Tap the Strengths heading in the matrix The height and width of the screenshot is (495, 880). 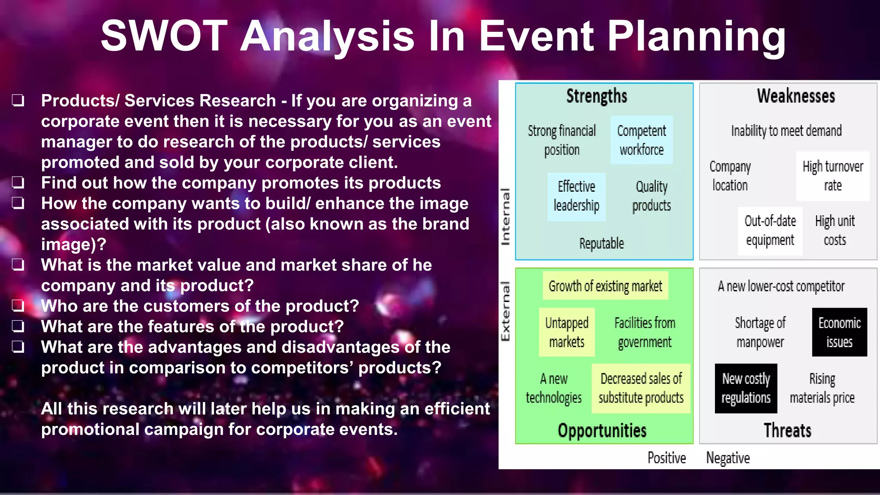point(596,96)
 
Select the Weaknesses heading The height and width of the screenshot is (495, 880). point(796,96)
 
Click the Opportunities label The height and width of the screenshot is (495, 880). point(602,431)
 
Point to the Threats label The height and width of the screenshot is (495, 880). point(787,431)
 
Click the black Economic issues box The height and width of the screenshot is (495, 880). point(839,332)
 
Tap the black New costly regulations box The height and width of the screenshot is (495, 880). point(746,388)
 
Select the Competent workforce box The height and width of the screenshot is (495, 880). point(642,140)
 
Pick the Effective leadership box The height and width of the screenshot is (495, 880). point(576,196)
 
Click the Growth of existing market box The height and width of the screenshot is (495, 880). point(605,286)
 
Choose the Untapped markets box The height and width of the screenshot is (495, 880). point(567,332)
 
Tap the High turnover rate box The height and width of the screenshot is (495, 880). point(832,176)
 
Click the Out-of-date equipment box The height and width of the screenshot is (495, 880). point(770,231)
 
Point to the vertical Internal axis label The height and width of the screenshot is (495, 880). point(506,217)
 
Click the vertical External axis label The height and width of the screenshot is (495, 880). point(506,311)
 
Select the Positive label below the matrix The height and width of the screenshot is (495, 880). point(666,458)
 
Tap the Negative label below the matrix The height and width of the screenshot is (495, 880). point(728,458)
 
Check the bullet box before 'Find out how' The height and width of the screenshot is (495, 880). point(18,182)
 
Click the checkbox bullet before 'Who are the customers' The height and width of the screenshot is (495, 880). point(18,306)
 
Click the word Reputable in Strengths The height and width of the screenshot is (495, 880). point(601,244)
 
